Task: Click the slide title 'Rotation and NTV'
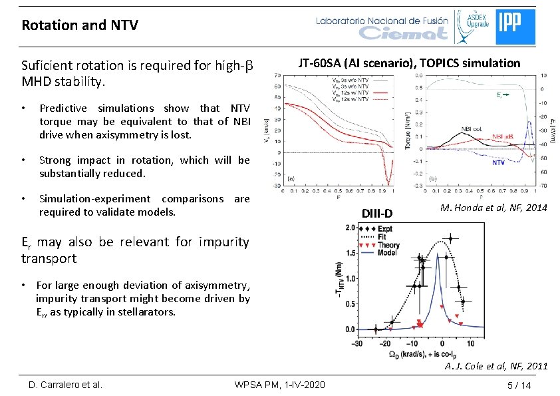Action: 80,25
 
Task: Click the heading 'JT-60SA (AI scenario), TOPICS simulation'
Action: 409,63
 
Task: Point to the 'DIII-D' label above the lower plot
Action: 377,213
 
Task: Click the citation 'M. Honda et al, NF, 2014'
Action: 493,208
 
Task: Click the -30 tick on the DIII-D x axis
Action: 357,343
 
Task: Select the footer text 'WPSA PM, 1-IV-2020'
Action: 280,385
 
